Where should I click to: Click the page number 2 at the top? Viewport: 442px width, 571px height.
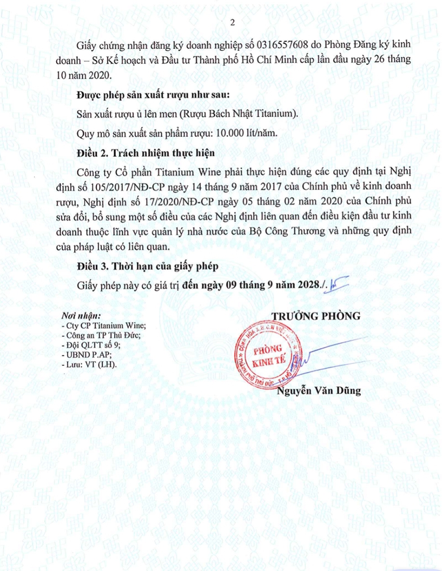click(232, 22)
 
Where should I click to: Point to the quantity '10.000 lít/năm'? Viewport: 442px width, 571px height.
click(246, 132)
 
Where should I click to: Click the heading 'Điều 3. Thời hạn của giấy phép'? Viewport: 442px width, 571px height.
click(146, 266)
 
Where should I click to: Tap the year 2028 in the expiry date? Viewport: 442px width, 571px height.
click(306, 284)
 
